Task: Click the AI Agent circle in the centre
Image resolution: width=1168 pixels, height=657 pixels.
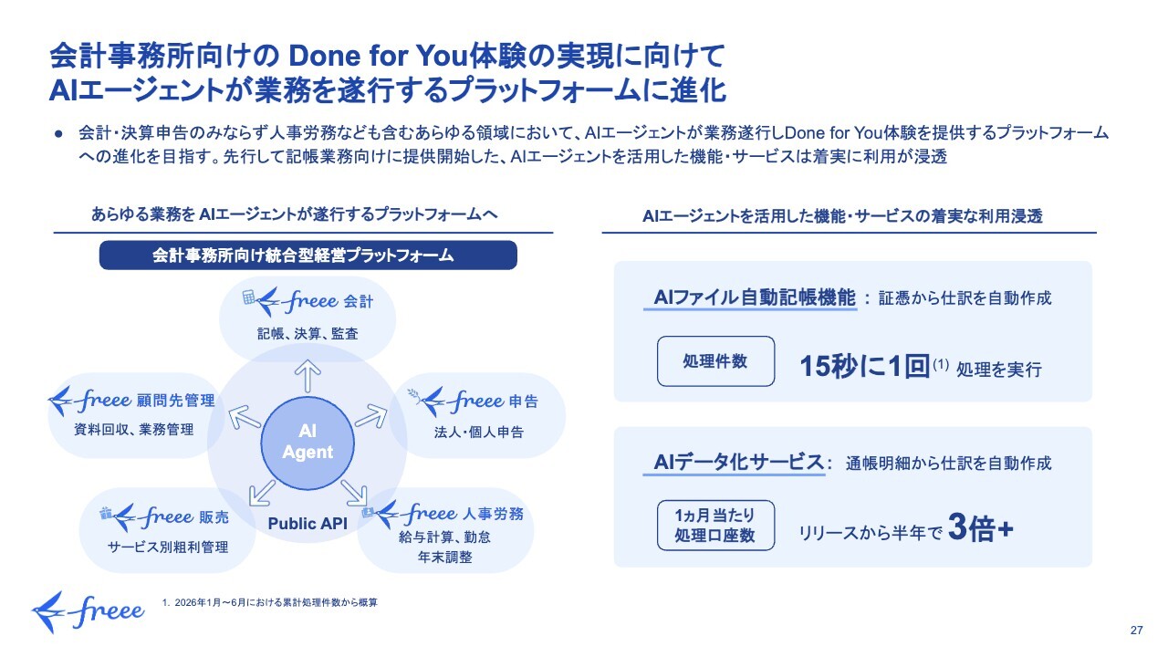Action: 308,443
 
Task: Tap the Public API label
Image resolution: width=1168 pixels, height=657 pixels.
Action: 308,524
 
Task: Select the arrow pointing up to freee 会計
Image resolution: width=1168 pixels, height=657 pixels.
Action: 308,375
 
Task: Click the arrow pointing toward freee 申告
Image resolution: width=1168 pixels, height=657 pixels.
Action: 371,417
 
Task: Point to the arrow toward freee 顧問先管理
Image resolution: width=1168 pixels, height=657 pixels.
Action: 244,417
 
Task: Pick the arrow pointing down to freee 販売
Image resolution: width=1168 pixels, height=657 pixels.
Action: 262,493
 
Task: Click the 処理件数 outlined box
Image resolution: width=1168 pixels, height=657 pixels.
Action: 716,361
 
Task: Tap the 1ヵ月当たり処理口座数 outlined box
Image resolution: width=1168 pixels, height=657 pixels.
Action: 716,526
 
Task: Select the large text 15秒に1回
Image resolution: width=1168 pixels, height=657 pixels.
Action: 865,366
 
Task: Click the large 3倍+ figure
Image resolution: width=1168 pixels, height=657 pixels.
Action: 981,527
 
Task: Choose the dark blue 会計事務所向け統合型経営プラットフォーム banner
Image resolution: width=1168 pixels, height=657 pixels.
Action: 308,255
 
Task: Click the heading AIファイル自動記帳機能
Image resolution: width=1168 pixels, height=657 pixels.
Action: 755,297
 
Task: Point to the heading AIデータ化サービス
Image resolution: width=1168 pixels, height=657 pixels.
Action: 738,462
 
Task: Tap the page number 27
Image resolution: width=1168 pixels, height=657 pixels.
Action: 1137,631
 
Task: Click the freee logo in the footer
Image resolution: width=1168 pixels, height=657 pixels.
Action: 89,611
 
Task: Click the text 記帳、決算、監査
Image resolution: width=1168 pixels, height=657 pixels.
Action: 308,334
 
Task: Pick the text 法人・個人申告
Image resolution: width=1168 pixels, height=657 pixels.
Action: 479,433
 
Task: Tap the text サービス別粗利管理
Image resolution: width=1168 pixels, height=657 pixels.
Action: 168,547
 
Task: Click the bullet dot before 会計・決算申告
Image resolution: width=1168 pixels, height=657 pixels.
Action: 58,134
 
